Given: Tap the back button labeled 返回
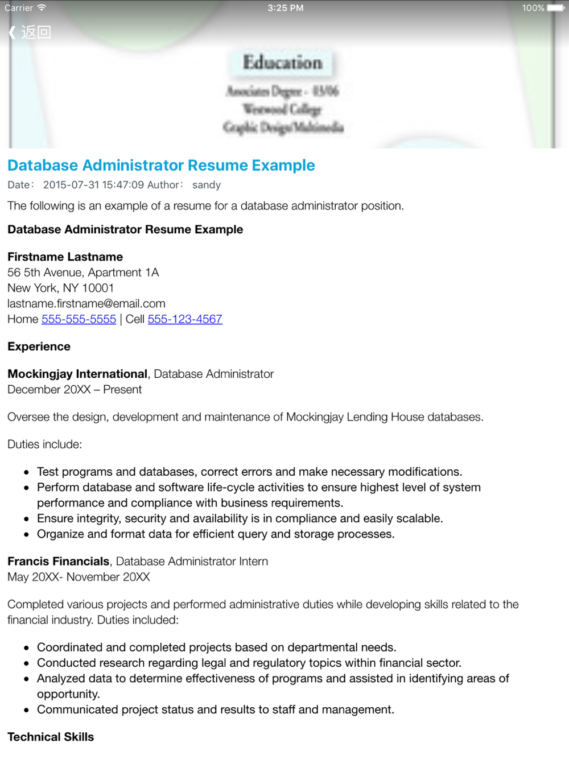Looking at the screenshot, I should coord(30,32).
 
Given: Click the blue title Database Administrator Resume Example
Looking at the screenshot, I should coord(161,166).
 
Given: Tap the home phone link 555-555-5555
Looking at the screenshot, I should coord(79,319).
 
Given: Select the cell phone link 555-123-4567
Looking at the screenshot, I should coord(185,319).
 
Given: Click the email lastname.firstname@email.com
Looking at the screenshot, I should coord(86,304).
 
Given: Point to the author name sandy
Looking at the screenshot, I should coord(207,185).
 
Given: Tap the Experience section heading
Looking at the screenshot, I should coord(39,346).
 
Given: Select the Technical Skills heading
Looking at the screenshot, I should coord(51,737).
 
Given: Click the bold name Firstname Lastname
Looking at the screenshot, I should coord(65,257).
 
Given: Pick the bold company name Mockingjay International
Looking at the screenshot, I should coord(77,374).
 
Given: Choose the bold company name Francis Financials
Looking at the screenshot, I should coord(58,562).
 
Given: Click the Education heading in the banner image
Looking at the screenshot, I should coord(282,63).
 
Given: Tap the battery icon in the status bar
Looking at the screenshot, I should coord(555,8).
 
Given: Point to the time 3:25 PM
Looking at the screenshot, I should coord(285,8).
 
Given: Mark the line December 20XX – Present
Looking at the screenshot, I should coord(75,390).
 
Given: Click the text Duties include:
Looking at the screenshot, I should coord(44,444).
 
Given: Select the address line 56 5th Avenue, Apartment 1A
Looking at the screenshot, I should coord(83,273).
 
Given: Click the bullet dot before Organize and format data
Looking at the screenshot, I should coord(26,535).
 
